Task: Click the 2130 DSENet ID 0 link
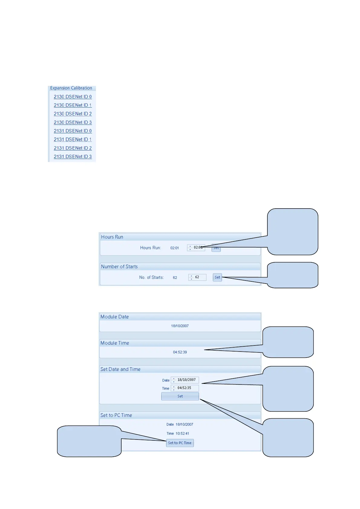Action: point(73,97)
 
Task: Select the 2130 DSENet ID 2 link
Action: point(73,114)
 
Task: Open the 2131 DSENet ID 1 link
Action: point(73,140)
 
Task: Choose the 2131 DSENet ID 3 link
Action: point(73,157)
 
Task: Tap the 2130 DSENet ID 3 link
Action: point(73,122)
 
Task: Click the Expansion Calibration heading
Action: point(71,88)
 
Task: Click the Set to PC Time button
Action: point(180,443)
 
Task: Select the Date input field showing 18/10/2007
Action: point(187,380)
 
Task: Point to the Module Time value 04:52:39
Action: point(180,352)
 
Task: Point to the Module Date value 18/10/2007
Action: point(180,326)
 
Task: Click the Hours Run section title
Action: point(112,237)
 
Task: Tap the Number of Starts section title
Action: point(119,267)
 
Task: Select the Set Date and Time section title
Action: point(120,369)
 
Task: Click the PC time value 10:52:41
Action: point(182,433)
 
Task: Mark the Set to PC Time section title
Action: point(116,415)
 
